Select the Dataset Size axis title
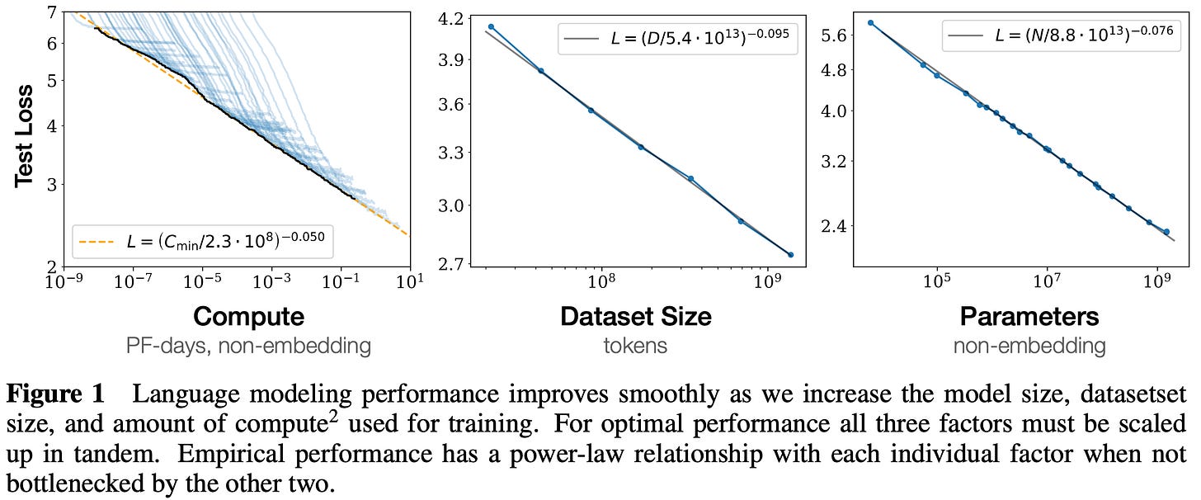(635, 316)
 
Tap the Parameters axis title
(1029, 316)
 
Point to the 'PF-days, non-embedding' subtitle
(248, 345)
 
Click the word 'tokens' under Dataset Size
(635, 345)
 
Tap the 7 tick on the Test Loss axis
(52, 13)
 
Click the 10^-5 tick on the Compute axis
(202, 281)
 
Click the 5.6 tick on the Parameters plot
(834, 35)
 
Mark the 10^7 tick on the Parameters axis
(1047, 281)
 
